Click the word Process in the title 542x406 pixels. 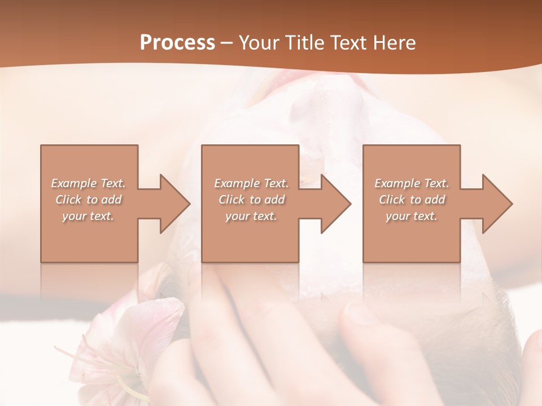pyautogui.click(x=177, y=43)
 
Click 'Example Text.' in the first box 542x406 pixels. pyautogui.click(x=89, y=183)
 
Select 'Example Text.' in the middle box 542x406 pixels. pyautogui.click(x=251, y=183)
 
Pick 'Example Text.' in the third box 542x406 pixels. pyautogui.click(x=412, y=183)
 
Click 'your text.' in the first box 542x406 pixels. pyautogui.click(x=89, y=216)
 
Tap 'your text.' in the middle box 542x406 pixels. pyautogui.click(x=251, y=216)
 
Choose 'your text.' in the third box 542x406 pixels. pyautogui.click(x=412, y=216)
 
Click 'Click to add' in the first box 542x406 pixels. pyautogui.click(x=89, y=200)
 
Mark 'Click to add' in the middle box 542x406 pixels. pyautogui.click(x=251, y=200)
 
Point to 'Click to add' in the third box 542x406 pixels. pyautogui.click(x=412, y=200)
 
